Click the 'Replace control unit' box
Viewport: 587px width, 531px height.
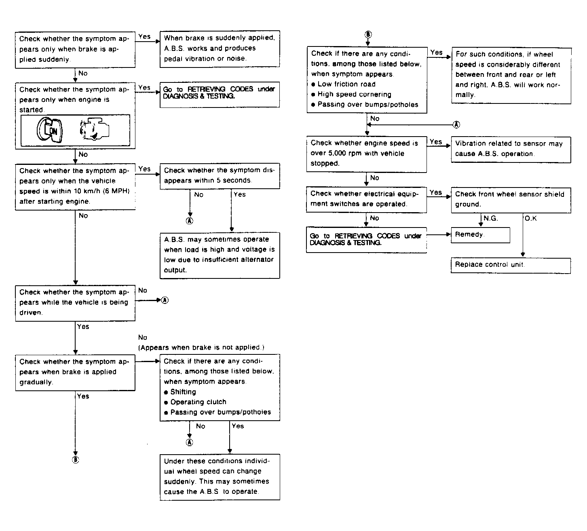pyautogui.click(x=511, y=265)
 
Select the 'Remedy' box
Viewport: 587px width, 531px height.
pyautogui.click(x=480, y=235)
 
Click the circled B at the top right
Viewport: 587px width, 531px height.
pyautogui.click(x=368, y=34)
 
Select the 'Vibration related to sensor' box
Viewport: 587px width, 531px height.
pyautogui.click(x=511, y=149)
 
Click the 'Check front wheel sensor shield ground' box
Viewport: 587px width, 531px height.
pyautogui.click(x=511, y=200)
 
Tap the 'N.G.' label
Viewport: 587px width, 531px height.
pyautogui.click(x=490, y=219)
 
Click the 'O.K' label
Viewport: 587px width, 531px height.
pyautogui.click(x=531, y=219)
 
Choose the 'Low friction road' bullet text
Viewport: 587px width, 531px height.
pyautogui.click(x=346, y=84)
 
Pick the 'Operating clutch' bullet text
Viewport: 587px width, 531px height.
pyautogui.click(x=198, y=402)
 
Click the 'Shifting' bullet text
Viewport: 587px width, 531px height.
pyautogui.click(x=183, y=392)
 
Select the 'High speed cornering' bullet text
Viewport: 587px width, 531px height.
pyautogui.click(x=354, y=95)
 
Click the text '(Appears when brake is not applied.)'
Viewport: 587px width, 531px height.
pyautogui.click(x=201, y=348)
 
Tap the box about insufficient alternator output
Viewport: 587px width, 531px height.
pyautogui.click(x=220, y=255)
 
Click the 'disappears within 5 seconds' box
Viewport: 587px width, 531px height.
pyautogui.click(x=220, y=176)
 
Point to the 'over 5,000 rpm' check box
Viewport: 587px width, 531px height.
pyautogui.click(x=366, y=154)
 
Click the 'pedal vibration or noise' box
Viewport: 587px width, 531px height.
pyautogui.click(x=220, y=48)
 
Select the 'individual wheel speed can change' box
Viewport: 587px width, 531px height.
pyautogui.click(x=220, y=477)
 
